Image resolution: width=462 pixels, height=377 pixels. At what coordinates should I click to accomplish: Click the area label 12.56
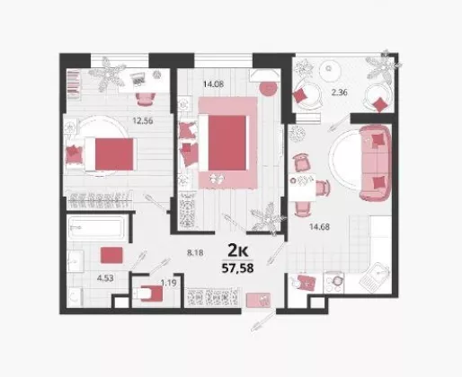(x=143, y=121)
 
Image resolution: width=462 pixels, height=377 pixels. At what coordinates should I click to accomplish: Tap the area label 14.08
(x=213, y=84)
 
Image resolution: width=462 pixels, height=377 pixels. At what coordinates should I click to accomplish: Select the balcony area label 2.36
(x=339, y=92)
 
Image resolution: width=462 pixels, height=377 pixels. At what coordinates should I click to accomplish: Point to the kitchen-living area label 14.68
(x=319, y=227)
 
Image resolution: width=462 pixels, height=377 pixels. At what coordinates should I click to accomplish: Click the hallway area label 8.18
(x=195, y=253)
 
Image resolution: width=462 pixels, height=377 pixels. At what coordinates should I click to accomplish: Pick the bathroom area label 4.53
(x=105, y=278)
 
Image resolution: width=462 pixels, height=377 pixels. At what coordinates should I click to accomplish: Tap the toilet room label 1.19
(x=168, y=283)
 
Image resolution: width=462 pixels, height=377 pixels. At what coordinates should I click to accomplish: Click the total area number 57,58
(x=237, y=268)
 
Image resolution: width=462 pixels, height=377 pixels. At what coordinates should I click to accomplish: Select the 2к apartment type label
(x=238, y=250)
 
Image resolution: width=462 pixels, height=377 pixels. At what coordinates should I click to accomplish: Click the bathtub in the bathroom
(x=96, y=227)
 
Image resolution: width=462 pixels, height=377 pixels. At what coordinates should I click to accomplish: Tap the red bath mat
(x=111, y=255)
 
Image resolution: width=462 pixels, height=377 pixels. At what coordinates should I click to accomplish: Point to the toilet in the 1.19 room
(x=148, y=294)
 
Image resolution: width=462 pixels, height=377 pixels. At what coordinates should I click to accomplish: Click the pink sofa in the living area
(x=376, y=162)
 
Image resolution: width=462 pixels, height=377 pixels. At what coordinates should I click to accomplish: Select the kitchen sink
(x=375, y=277)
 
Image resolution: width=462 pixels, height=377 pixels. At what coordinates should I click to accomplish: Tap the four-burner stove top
(x=333, y=283)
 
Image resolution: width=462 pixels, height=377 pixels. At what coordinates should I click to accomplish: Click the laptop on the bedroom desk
(x=138, y=79)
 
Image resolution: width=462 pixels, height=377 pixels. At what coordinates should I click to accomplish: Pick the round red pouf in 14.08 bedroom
(x=268, y=88)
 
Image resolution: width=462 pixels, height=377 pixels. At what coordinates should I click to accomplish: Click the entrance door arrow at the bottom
(x=263, y=321)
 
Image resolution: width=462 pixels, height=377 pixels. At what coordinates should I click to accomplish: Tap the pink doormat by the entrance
(x=258, y=300)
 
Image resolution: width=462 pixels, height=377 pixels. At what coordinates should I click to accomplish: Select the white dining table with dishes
(x=303, y=187)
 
